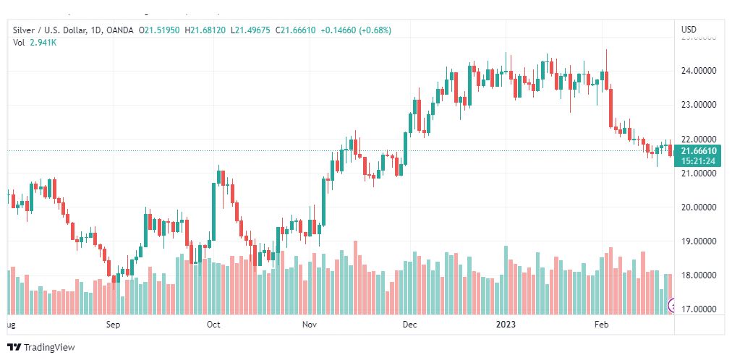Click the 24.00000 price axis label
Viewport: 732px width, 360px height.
click(698, 71)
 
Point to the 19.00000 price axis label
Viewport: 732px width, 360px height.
click(698, 241)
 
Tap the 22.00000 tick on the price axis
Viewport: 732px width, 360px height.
click(698, 139)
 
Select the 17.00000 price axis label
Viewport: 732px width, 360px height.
click(698, 309)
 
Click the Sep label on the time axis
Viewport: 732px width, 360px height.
click(113, 325)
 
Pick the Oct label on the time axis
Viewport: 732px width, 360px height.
click(213, 325)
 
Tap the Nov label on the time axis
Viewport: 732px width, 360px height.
click(310, 325)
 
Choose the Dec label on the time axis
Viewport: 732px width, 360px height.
click(410, 325)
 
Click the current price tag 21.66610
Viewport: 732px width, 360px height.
click(699, 150)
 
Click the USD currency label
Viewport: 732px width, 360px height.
click(689, 30)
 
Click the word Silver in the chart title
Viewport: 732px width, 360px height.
click(25, 30)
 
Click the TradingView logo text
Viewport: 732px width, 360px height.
click(48, 348)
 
